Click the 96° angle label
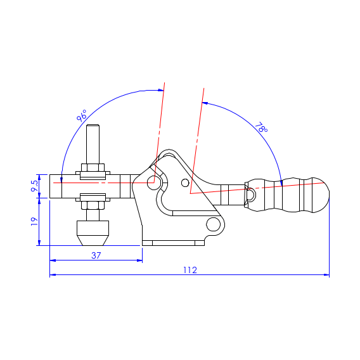coord(82,115)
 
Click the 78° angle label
coord(261,127)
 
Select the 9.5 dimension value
coord(35,186)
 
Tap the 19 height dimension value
coord(34,221)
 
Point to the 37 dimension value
coord(96,255)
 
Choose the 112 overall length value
coord(190,270)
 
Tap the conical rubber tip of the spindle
coord(93,240)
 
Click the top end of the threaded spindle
coord(93,125)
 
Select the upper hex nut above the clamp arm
coord(93,167)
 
